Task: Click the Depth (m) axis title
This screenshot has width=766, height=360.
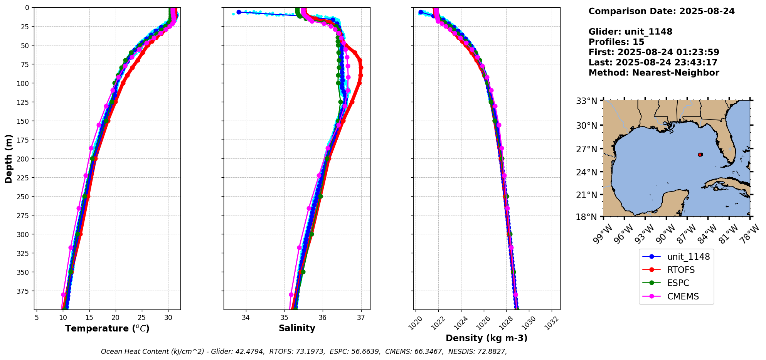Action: [8, 158]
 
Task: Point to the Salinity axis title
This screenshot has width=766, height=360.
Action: [297, 328]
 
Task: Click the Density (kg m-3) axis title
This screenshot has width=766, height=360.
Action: [487, 338]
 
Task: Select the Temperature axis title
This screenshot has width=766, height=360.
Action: [107, 328]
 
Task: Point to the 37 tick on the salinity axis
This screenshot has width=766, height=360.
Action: [361, 318]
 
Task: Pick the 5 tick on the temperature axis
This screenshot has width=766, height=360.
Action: [37, 318]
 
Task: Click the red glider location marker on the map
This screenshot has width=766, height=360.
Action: [700, 155]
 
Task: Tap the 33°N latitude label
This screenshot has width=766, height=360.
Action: [586, 101]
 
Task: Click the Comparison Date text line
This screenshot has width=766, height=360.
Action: [662, 11]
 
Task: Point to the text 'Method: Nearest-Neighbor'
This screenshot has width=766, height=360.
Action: [654, 73]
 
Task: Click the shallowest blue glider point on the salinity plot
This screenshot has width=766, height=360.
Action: [239, 12]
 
